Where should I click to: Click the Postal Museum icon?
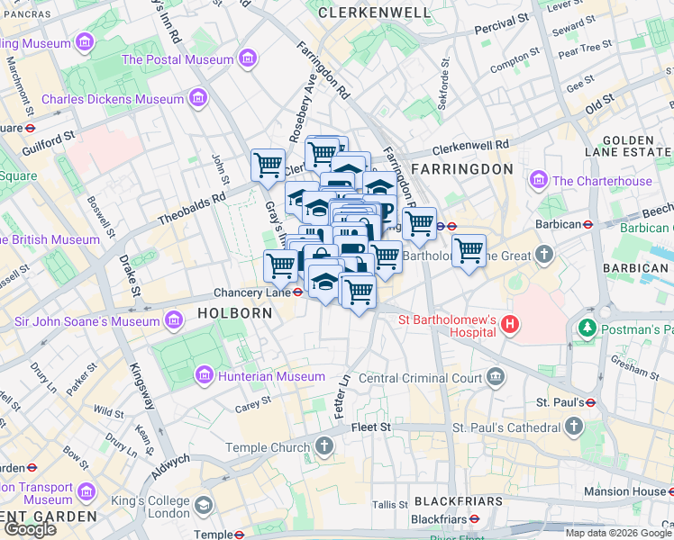(245, 59)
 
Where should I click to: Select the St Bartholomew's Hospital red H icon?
(511, 323)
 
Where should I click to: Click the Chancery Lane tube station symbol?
(298, 292)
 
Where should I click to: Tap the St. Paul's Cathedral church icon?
(574, 427)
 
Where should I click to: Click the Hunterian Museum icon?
(204, 375)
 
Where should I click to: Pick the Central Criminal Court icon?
(495, 378)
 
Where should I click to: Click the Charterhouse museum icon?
(539, 181)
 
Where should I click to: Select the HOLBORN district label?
(229, 313)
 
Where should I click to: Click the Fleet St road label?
(370, 426)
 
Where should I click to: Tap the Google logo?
(31, 529)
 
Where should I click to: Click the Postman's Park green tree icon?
(588, 329)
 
